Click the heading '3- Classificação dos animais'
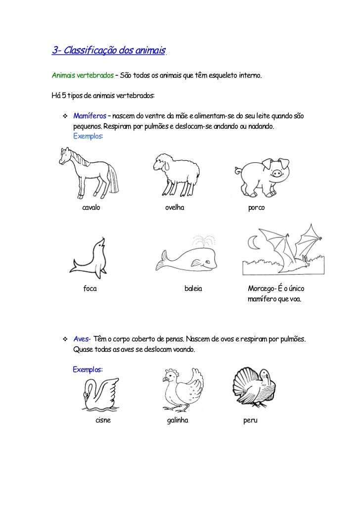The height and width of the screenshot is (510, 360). point(108,50)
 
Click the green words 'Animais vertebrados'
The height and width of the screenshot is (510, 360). point(82,77)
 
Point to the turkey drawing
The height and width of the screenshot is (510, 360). point(254,388)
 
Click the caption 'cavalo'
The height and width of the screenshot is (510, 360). point(91,208)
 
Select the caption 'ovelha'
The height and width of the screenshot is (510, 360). point(175,208)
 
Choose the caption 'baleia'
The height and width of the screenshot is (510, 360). point(193,289)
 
